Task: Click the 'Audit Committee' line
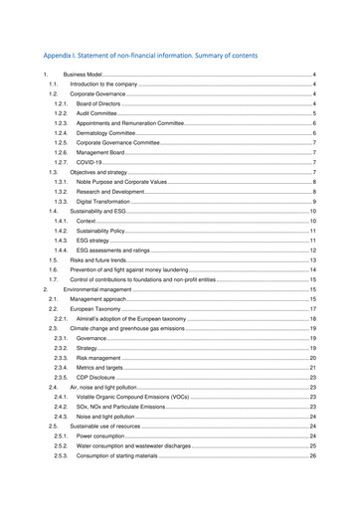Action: pyautogui.click(x=95, y=115)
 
